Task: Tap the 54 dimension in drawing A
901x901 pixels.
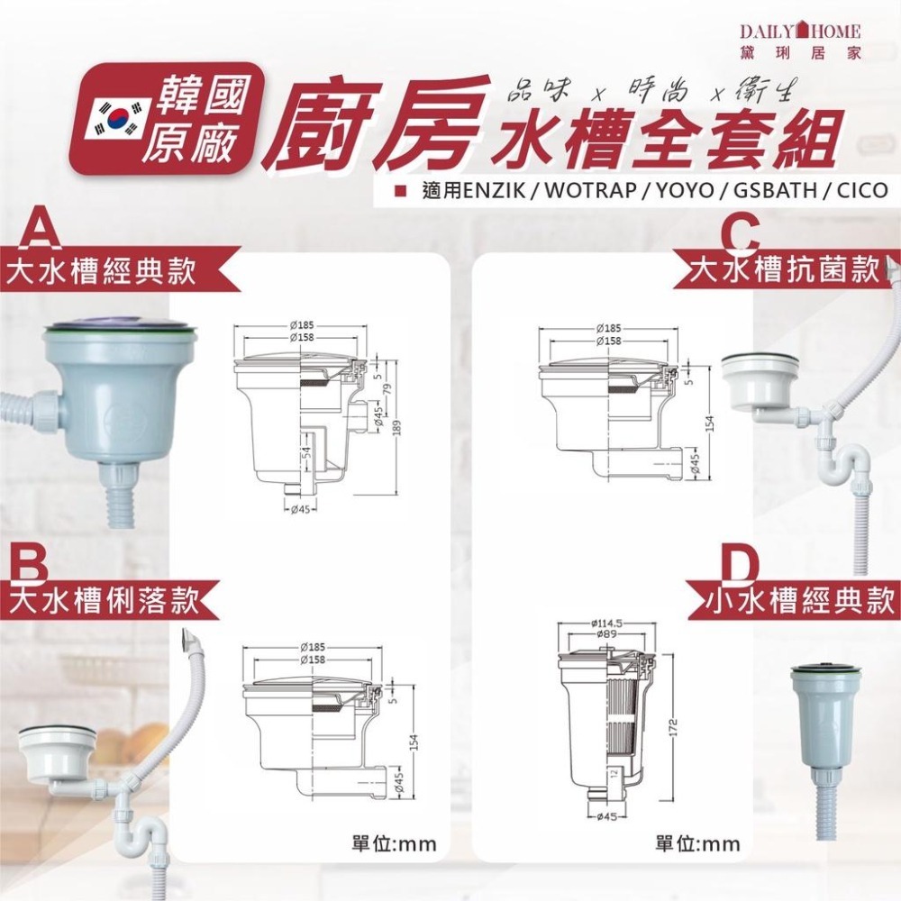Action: click(x=305, y=450)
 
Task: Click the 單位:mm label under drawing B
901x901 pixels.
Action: click(x=393, y=844)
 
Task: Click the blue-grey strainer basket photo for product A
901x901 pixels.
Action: click(x=117, y=378)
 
